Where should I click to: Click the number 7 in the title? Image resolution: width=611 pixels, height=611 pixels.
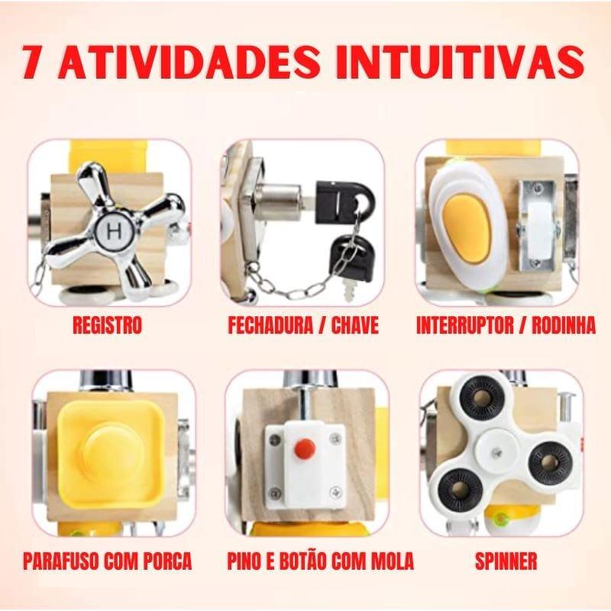tap(35, 60)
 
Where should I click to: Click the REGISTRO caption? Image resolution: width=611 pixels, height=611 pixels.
tap(107, 326)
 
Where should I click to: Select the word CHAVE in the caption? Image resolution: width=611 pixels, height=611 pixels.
tap(354, 326)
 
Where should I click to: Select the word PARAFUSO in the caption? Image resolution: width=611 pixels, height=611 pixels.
tap(64, 563)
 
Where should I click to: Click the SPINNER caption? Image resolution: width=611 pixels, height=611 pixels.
tap(506, 563)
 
